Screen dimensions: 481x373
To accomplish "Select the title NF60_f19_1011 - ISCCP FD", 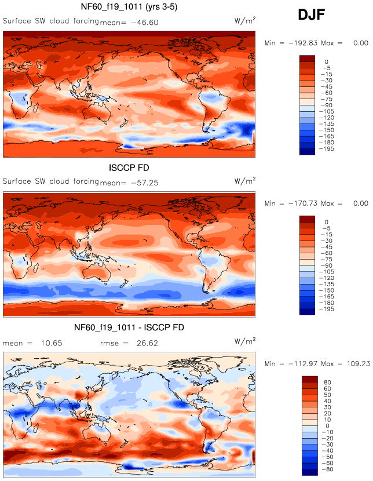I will point(129,328).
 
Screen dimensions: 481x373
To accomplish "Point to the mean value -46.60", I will point(145,23).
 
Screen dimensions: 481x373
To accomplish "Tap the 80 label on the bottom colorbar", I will point(328,382).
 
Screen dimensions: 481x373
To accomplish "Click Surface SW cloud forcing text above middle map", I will point(50,181).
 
